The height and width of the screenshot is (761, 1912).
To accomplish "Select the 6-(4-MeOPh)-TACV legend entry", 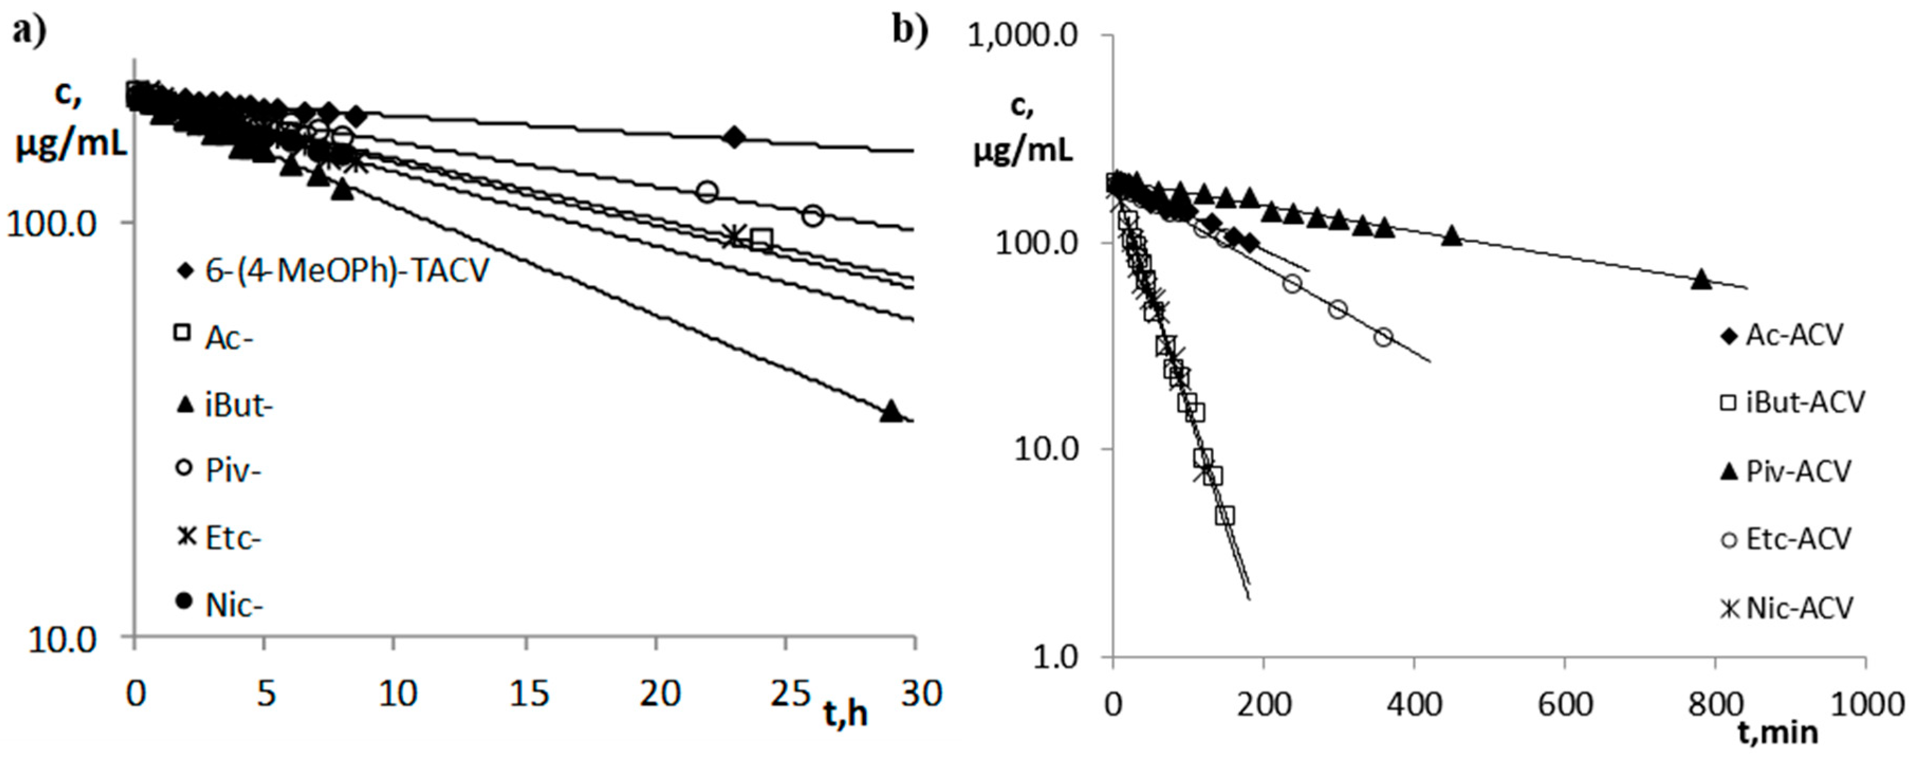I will pyautogui.click(x=332, y=270).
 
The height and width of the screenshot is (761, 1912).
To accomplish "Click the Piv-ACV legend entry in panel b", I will pyautogui.click(x=1786, y=471).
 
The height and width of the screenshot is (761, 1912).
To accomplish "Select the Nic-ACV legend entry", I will pyautogui.click(x=1786, y=608).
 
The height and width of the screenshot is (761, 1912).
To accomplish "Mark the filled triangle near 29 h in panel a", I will pyautogui.click(x=890, y=411).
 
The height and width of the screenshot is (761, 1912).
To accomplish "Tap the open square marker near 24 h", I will pyautogui.click(x=762, y=239).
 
